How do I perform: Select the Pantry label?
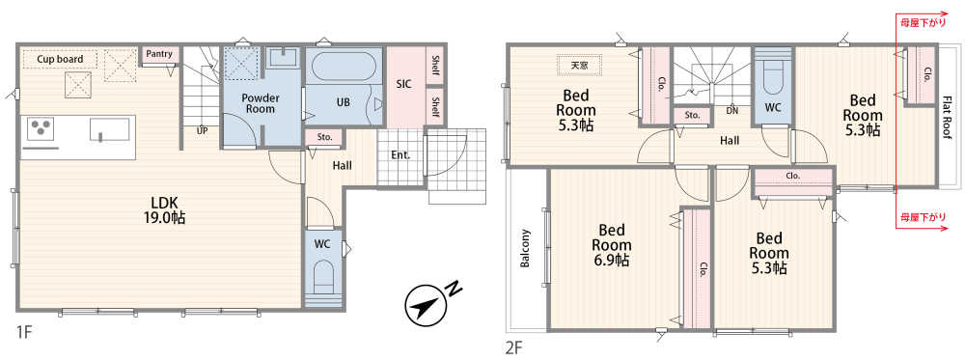(159, 53)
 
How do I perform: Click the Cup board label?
(59, 59)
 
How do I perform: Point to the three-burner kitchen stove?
(41, 130)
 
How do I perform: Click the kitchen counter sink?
(110, 130)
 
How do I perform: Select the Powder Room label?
(261, 103)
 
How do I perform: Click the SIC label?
(403, 84)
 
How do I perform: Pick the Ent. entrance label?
(400, 155)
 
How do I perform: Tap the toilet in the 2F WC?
(772, 76)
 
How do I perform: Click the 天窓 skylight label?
(579, 65)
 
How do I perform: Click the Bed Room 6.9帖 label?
(612, 245)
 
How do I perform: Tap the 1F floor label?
(25, 333)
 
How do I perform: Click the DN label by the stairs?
(732, 111)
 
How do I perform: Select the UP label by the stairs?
(202, 130)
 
